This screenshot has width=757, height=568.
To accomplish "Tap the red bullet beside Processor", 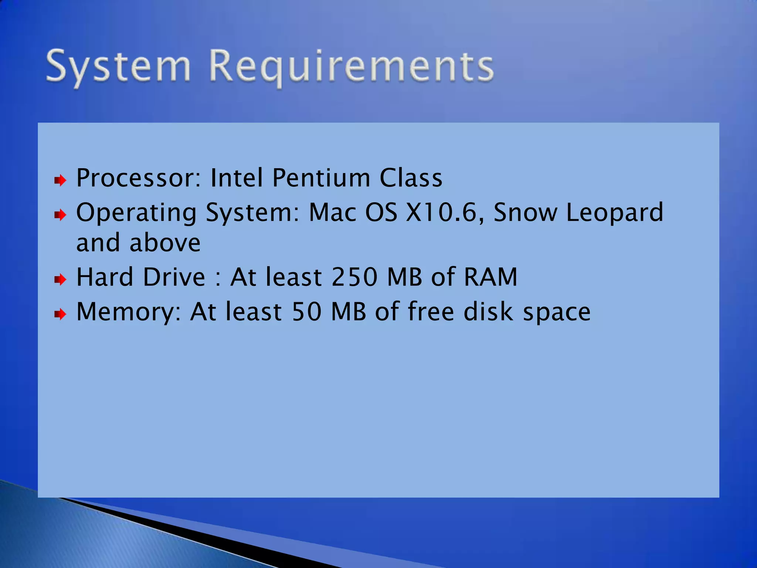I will pyautogui.click(x=60, y=180).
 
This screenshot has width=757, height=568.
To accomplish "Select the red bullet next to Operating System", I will pyautogui.click(x=60, y=214).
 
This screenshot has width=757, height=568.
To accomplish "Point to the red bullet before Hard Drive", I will pyautogui.click(x=60, y=279).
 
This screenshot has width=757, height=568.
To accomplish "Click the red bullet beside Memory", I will pyautogui.click(x=60, y=314).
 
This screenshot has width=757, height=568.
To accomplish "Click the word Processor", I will pyautogui.click(x=139, y=178).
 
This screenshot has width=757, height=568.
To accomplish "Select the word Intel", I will pyautogui.click(x=237, y=178).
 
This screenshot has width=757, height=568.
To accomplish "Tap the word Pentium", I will pyautogui.click(x=321, y=178).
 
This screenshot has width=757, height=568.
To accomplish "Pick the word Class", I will pyautogui.click(x=411, y=178).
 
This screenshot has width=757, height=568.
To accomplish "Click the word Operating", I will pyautogui.click(x=136, y=213).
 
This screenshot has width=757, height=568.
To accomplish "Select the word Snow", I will pyautogui.click(x=525, y=213).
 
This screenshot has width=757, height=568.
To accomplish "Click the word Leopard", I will pyautogui.click(x=615, y=213).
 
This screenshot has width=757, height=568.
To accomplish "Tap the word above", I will pyautogui.click(x=165, y=243).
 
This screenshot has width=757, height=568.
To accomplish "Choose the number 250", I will pyautogui.click(x=354, y=277).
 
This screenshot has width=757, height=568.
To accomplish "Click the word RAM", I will pyautogui.click(x=490, y=277).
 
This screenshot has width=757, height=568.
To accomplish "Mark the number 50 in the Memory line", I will pyautogui.click(x=306, y=312).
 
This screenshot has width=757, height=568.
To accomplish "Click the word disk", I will pyautogui.click(x=488, y=312).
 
